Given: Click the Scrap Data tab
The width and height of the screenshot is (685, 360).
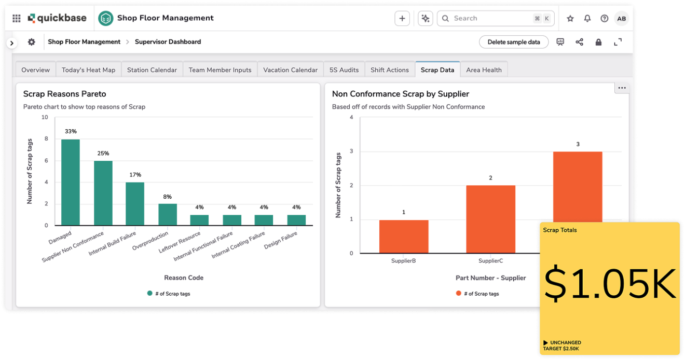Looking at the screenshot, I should tap(437, 70).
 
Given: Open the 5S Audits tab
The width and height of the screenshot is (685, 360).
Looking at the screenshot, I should tap(344, 70).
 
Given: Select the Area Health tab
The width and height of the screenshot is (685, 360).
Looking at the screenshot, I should tap(484, 70).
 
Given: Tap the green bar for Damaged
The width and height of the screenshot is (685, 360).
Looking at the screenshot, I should tap(71, 182).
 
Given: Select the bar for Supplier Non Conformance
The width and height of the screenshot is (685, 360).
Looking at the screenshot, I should tap(103, 193).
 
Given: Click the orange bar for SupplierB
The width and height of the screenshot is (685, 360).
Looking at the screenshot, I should tap(404, 237).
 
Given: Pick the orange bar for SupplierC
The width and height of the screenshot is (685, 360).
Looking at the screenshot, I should tap(490, 219).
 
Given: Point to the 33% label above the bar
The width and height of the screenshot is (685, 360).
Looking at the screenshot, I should tap(71, 132).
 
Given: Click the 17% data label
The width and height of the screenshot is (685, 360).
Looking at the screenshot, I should tap(135, 175).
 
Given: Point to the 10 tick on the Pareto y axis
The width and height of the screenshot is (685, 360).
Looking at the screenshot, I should tap(45, 117).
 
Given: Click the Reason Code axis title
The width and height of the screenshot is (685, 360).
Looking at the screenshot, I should tap(184, 278).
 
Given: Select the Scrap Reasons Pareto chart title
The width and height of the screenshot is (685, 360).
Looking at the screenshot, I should tap(64, 94).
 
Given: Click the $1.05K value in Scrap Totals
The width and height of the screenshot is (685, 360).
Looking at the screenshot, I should tap(610, 285).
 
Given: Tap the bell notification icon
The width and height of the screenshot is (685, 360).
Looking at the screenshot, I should tap(587, 18).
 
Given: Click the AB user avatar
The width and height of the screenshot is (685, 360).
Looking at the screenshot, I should tap(621, 18).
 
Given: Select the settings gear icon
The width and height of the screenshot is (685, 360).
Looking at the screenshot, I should tap(32, 42).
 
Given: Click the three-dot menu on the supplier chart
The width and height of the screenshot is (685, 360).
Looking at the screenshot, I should tap(622, 88).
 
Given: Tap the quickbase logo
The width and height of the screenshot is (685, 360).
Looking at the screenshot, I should tap(57, 18).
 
